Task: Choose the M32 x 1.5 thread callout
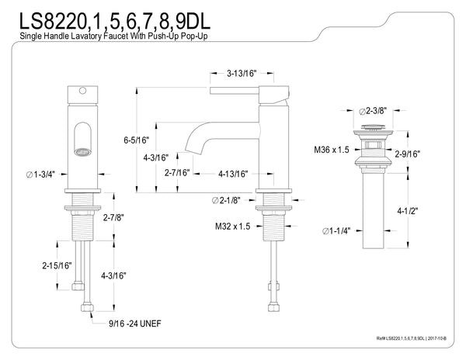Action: point(234,227)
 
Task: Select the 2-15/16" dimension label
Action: point(56,265)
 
